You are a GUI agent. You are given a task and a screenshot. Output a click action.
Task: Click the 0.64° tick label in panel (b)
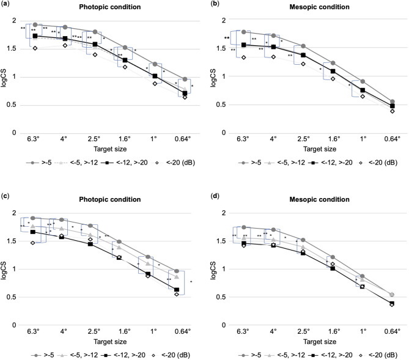[x=389, y=139]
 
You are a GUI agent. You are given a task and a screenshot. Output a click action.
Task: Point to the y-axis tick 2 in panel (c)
[x=19, y=213]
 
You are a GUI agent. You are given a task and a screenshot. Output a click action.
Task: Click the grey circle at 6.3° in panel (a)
[x=35, y=25]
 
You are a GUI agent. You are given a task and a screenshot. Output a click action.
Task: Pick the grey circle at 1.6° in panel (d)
[x=331, y=257]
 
